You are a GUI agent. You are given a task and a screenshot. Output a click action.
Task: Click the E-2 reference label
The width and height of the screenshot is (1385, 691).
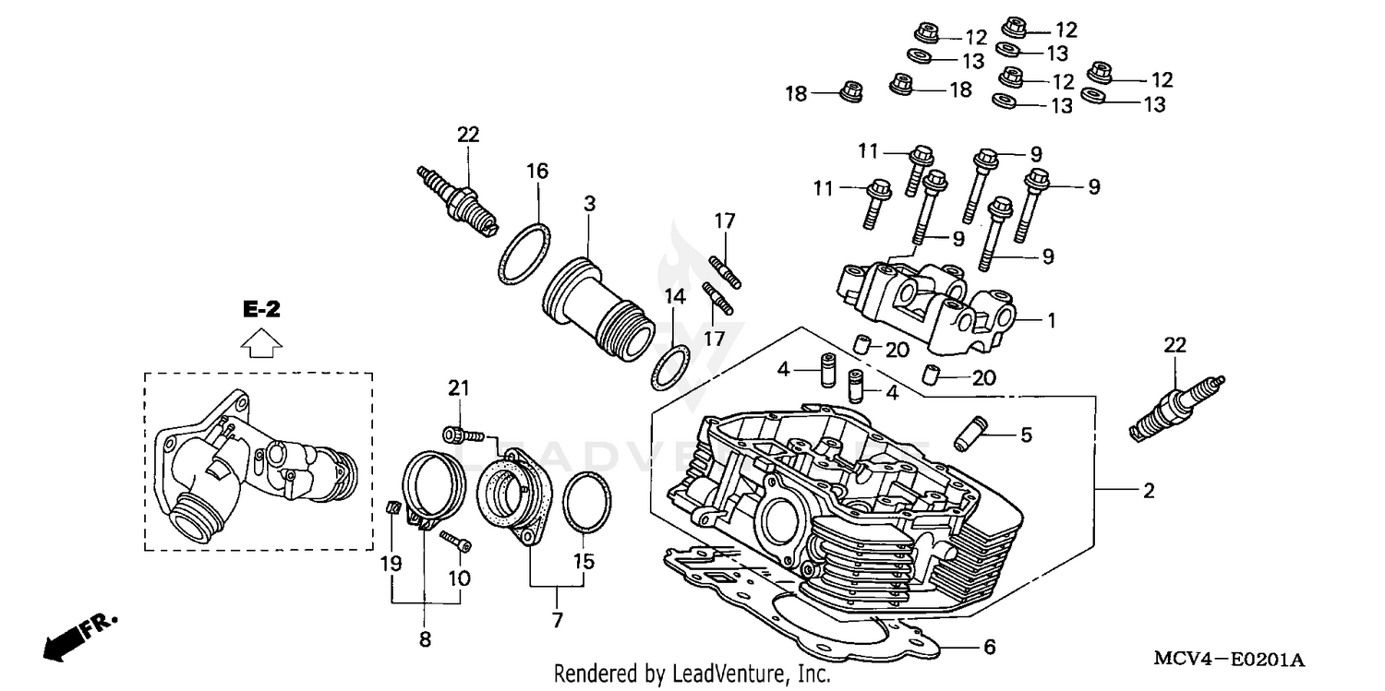click(x=261, y=311)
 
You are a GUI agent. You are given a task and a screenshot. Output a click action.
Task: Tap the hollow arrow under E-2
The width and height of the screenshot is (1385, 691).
click(x=261, y=343)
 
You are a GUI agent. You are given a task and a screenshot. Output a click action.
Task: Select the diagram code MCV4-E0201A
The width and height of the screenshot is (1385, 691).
click(x=1227, y=660)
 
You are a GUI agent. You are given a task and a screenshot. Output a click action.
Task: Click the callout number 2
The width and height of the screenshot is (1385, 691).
click(x=1148, y=492)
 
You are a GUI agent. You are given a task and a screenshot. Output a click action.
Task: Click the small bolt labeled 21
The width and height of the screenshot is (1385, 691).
click(x=457, y=435)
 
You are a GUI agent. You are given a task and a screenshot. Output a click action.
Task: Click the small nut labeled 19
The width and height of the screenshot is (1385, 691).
click(x=391, y=506)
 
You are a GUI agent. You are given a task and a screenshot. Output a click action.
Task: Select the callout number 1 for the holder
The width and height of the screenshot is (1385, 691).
click(x=1050, y=321)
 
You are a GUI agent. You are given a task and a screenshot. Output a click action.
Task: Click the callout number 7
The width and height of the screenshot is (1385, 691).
click(x=557, y=621)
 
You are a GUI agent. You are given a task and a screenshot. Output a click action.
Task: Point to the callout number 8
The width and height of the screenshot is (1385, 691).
click(x=425, y=637)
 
